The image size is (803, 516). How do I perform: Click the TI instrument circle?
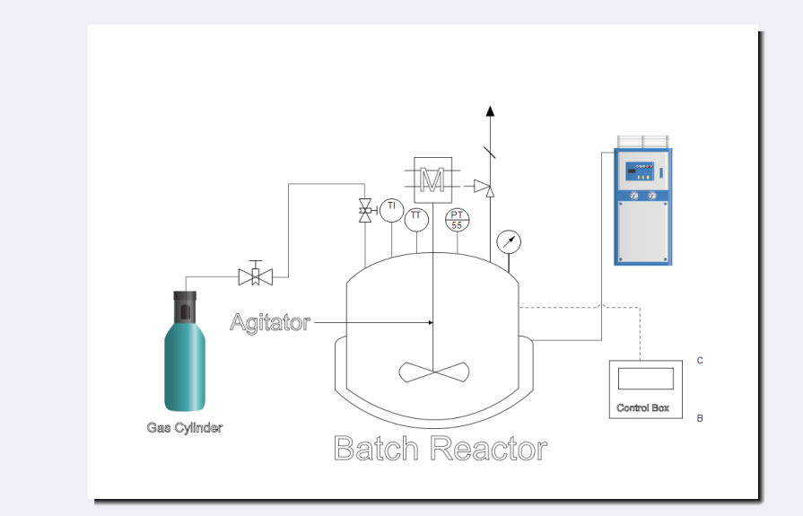point(391,210)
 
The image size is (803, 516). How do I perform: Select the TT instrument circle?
point(416,219)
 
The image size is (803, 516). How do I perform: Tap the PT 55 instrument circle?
point(458,220)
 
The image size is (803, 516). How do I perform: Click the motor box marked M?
point(432,180)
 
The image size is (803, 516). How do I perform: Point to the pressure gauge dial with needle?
point(508,241)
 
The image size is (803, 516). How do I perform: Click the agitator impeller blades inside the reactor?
point(434,372)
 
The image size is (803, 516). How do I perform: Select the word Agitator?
point(270,322)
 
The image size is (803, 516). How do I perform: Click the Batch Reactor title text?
point(440,448)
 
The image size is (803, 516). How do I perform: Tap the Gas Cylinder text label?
point(185,428)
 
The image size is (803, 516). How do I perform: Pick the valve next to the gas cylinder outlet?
point(256,276)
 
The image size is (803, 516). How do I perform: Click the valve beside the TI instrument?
point(365,212)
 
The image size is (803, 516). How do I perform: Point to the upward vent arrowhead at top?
point(490,111)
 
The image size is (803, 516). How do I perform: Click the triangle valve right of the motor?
point(484,188)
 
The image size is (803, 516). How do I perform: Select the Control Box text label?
point(643,408)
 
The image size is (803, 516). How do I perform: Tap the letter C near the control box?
point(700,361)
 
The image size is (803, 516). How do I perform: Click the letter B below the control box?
point(700,418)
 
